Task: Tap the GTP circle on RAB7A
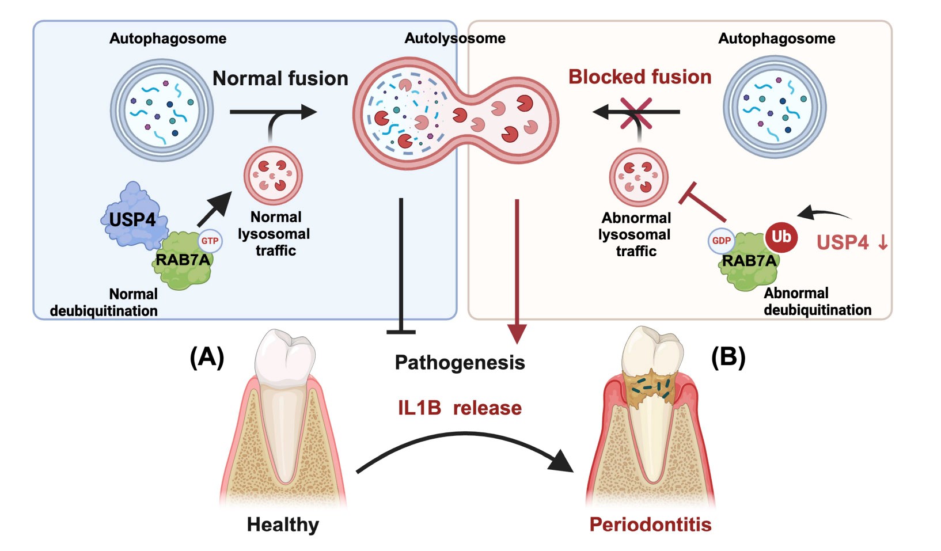pyautogui.click(x=210, y=241)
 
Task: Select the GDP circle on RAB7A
pyautogui.click(x=721, y=241)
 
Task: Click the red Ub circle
pyautogui.click(x=781, y=237)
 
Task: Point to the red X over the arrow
pyautogui.click(x=636, y=113)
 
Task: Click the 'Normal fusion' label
pyautogui.click(x=280, y=78)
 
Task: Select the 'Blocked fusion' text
pyautogui.click(x=640, y=77)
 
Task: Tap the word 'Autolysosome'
pyautogui.click(x=455, y=39)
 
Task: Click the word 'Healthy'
pyautogui.click(x=283, y=525)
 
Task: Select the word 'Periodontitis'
pyautogui.click(x=650, y=525)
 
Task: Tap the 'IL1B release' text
pyautogui.click(x=460, y=408)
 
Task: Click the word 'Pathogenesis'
pyautogui.click(x=460, y=363)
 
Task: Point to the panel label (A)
pyautogui.click(x=207, y=358)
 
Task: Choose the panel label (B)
pyautogui.click(x=728, y=358)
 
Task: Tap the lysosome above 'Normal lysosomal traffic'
pyautogui.click(x=273, y=176)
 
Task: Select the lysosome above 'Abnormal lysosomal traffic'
pyautogui.click(x=639, y=177)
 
